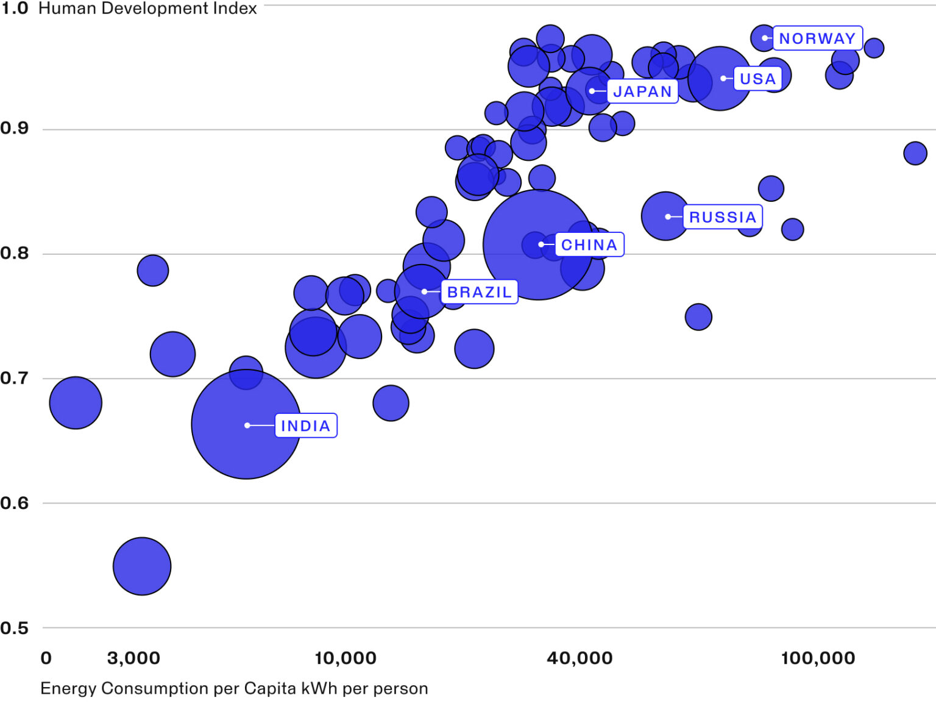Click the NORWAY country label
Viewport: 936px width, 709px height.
(817, 38)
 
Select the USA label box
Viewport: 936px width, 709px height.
(757, 79)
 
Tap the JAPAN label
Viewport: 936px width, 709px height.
(642, 91)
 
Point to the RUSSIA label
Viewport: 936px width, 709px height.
(723, 217)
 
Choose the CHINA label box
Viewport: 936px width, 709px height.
(589, 245)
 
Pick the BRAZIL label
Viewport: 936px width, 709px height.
(480, 292)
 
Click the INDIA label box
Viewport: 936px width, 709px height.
(306, 426)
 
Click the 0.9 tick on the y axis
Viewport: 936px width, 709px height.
(15, 128)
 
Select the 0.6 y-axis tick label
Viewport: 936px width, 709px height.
(15, 503)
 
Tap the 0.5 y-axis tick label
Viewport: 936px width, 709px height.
(15, 628)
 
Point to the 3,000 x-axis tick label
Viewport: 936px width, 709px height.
(133, 658)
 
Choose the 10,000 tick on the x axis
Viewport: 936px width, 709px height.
(346, 658)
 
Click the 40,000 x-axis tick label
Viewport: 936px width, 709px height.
(580, 658)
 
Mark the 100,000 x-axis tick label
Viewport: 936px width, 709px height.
(818, 658)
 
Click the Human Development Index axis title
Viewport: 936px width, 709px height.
(147, 9)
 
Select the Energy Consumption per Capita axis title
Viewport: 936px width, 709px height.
(234, 688)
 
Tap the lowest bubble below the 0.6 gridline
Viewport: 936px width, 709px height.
(142, 566)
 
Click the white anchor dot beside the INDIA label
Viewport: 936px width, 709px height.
(247, 426)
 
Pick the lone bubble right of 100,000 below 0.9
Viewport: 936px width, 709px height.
(915, 153)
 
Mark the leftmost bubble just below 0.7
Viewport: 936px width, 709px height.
(76, 403)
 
